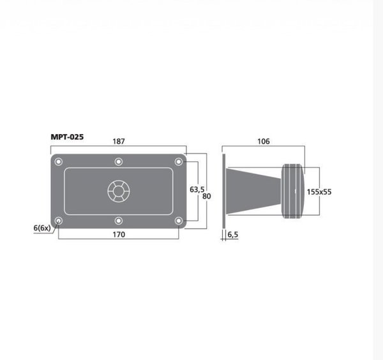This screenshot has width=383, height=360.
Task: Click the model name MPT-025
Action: [x=67, y=137]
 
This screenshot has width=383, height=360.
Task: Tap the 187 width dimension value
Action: [x=119, y=142]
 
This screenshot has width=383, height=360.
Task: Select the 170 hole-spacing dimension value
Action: [x=119, y=234]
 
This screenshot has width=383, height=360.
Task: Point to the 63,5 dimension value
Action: [x=197, y=190]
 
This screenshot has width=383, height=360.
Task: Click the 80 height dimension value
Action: [x=207, y=196]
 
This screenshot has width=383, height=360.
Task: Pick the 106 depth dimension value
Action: [x=264, y=142]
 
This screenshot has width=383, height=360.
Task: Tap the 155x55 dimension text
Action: [x=319, y=192]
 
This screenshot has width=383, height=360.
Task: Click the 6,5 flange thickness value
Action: [x=233, y=234]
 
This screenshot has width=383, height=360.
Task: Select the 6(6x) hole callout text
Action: [x=42, y=228]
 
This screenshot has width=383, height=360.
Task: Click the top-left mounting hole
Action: [x=58, y=161]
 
